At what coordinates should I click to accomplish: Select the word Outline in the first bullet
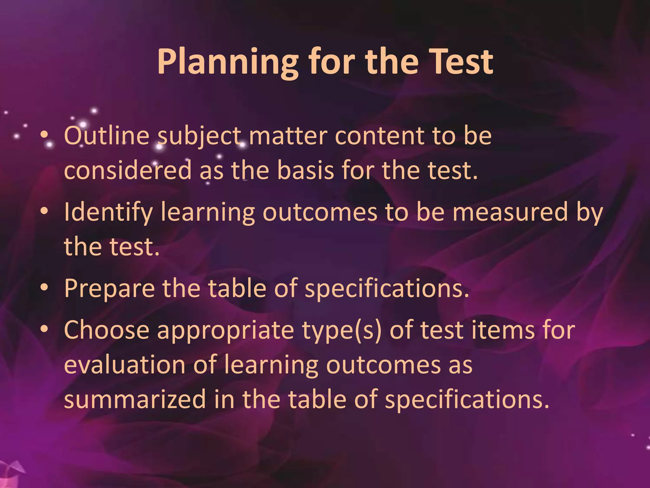107,136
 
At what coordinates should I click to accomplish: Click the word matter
288,136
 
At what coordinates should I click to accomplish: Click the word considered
128,170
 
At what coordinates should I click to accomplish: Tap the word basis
305,170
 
